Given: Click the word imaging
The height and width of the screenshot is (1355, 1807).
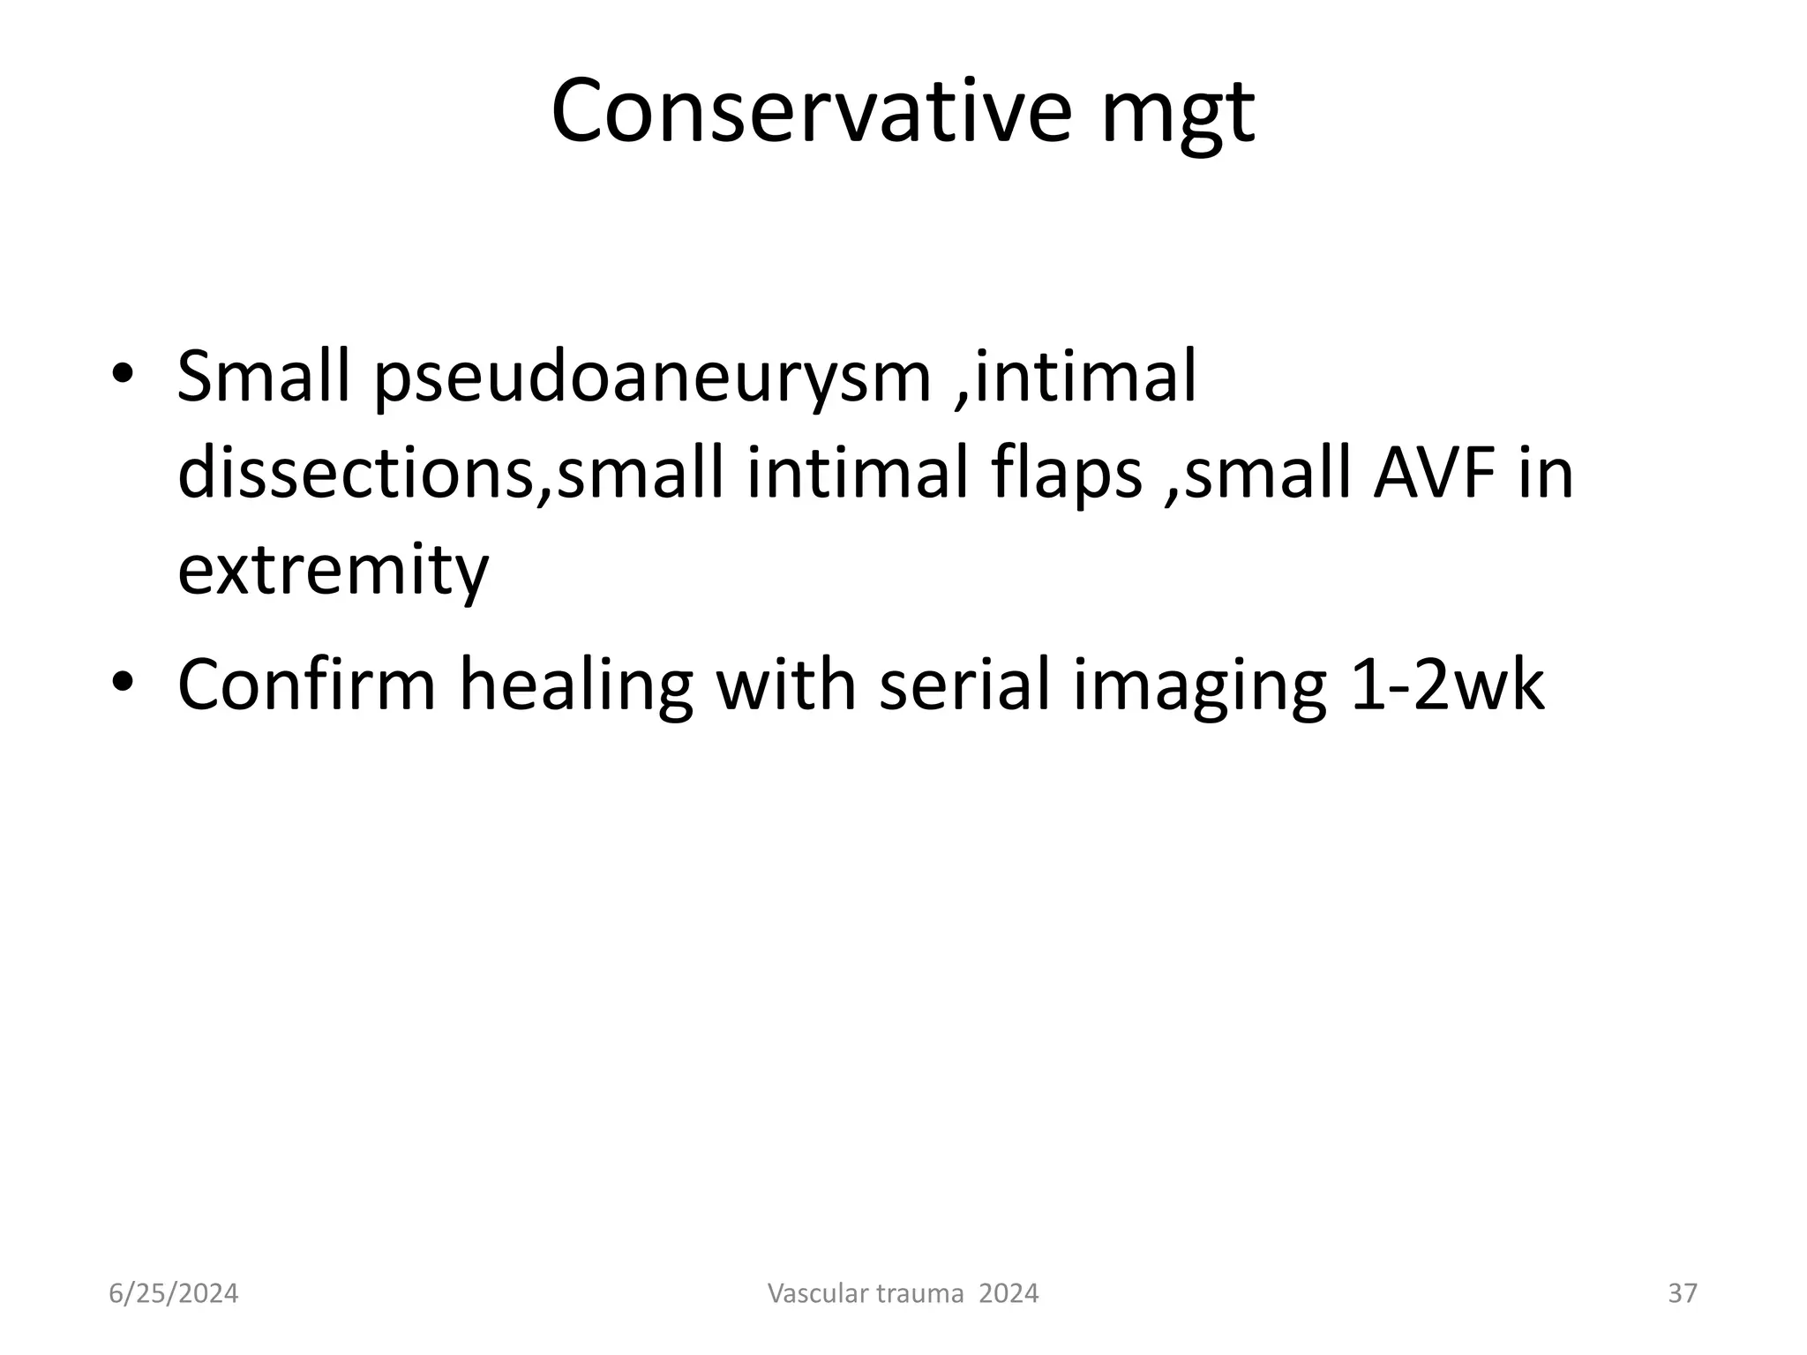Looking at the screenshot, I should [1199, 688].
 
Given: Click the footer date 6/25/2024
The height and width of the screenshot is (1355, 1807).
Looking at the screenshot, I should [173, 1294].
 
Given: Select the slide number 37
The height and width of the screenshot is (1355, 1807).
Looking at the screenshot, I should [1683, 1294].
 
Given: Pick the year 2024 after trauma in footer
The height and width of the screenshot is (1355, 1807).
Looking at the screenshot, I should [1008, 1294].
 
